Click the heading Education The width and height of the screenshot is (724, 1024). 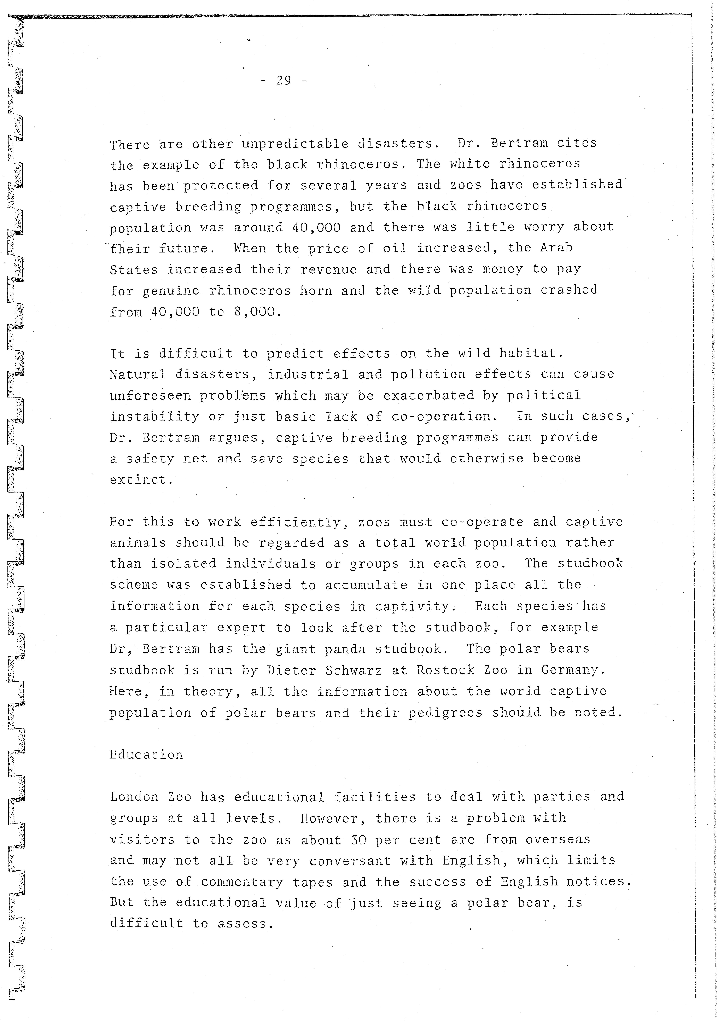point(146,755)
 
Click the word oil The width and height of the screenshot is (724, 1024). point(395,248)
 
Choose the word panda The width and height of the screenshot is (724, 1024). point(345,649)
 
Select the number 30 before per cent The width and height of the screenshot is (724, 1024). point(358,839)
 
